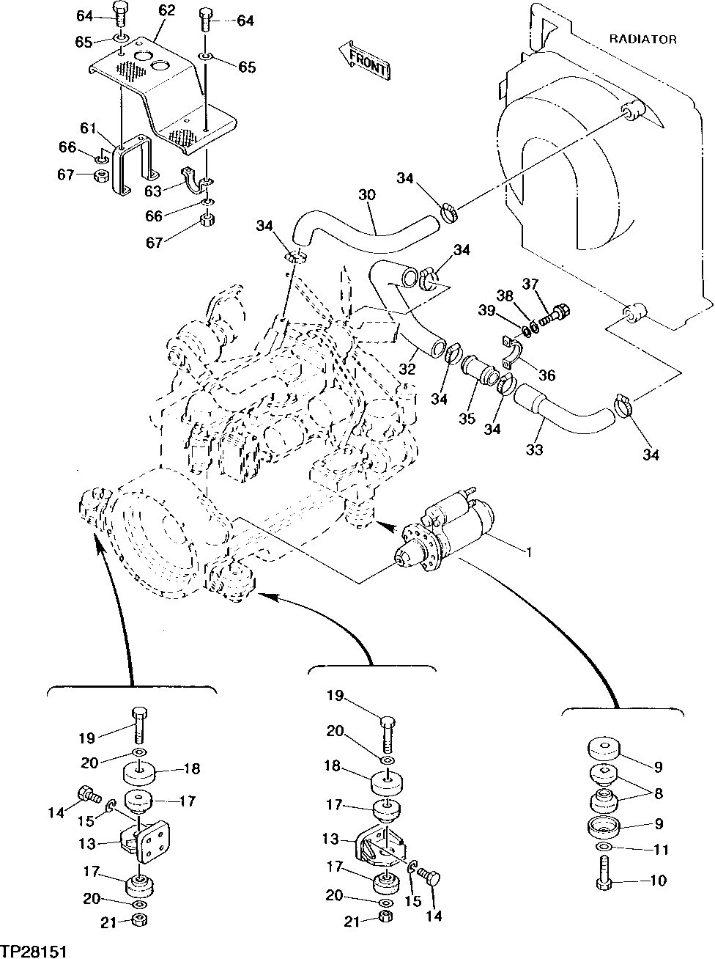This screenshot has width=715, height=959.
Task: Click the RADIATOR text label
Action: pyautogui.click(x=642, y=40)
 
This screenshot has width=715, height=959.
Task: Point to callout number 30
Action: pyautogui.click(x=368, y=196)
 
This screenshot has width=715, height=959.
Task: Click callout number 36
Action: pyautogui.click(x=547, y=375)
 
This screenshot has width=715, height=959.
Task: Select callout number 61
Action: pyautogui.click(x=89, y=129)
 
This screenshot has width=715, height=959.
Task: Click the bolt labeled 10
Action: pyautogui.click(x=605, y=878)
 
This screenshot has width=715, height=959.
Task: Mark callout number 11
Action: pyautogui.click(x=660, y=850)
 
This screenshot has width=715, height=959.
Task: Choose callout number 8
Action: pyautogui.click(x=657, y=793)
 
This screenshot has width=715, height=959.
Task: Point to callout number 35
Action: pyautogui.click(x=467, y=419)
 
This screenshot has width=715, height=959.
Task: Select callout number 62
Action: pyautogui.click(x=166, y=10)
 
